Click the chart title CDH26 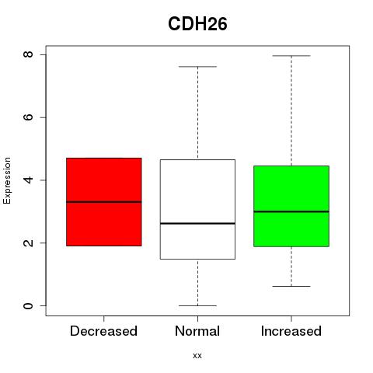197,24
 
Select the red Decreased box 104,202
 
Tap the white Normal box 197,209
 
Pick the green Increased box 291,206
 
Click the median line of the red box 104,202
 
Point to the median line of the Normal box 197,223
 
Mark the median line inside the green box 291,211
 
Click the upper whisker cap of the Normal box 197,67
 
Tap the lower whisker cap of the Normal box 197,305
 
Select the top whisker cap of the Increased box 291,56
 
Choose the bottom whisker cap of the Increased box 291,286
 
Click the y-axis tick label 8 29,54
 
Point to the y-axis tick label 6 29,117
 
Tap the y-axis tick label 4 29,180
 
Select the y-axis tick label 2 29,242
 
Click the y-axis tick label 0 29,305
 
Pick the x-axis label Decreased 103,331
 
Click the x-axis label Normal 197,331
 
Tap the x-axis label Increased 291,331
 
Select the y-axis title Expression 7,180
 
